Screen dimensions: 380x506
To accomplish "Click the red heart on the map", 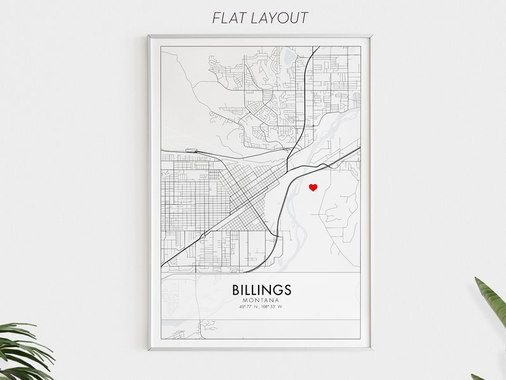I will pos(313,187).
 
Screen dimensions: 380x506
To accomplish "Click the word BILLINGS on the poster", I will pos(261,290).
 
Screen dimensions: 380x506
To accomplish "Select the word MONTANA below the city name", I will pos(261,300).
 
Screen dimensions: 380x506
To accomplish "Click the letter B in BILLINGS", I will pos(236,290).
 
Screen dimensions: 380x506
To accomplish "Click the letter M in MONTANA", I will pos(245,300).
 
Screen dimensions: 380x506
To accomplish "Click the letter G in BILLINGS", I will pos(277,290).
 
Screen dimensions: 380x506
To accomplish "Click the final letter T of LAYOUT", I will pos(306,18).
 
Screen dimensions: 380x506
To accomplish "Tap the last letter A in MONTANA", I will pos(277,300).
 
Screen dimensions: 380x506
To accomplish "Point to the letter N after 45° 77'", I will pos(256,307).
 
